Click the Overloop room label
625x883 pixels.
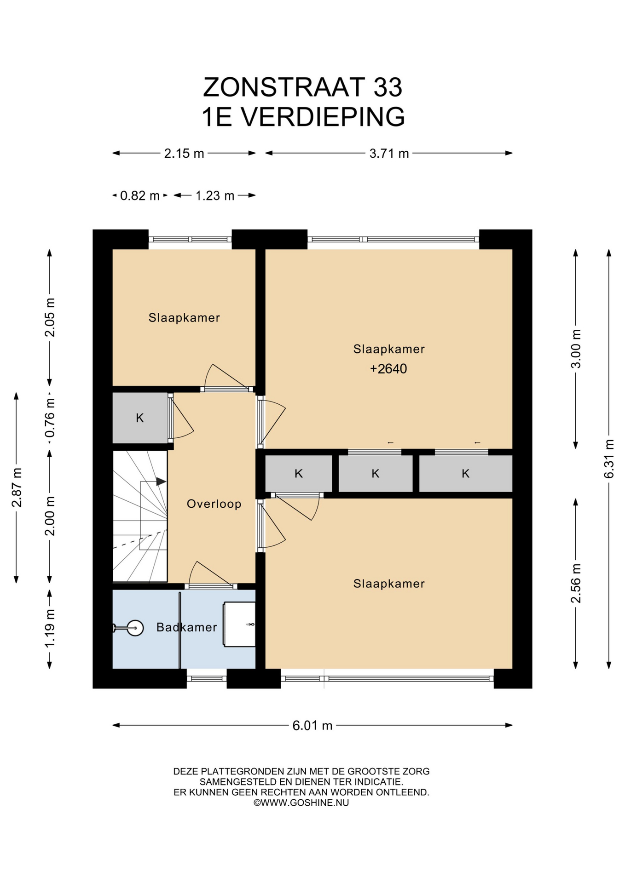(x=214, y=504)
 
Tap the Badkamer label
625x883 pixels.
(x=186, y=627)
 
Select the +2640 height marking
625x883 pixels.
(x=388, y=369)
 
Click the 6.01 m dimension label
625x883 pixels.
(x=312, y=725)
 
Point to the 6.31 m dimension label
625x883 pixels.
(x=609, y=459)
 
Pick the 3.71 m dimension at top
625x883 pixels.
(x=389, y=153)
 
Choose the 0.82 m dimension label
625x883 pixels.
(x=140, y=196)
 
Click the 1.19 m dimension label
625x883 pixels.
(x=50, y=628)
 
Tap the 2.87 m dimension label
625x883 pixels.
(x=17, y=487)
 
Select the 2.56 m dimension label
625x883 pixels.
(x=576, y=583)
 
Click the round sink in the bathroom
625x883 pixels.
(x=135, y=628)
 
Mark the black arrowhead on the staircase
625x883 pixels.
(x=161, y=482)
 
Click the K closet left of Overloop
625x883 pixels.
(x=140, y=418)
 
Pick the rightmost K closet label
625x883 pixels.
(x=466, y=474)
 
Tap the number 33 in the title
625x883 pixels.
(x=388, y=87)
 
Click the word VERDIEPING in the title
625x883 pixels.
(x=323, y=117)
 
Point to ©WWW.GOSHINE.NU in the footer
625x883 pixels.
(x=301, y=803)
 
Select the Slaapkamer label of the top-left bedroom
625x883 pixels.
(x=184, y=318)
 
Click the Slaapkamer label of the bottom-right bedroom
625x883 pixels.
(x=389, y=584)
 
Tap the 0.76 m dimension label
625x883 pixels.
(x=50, y=418)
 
